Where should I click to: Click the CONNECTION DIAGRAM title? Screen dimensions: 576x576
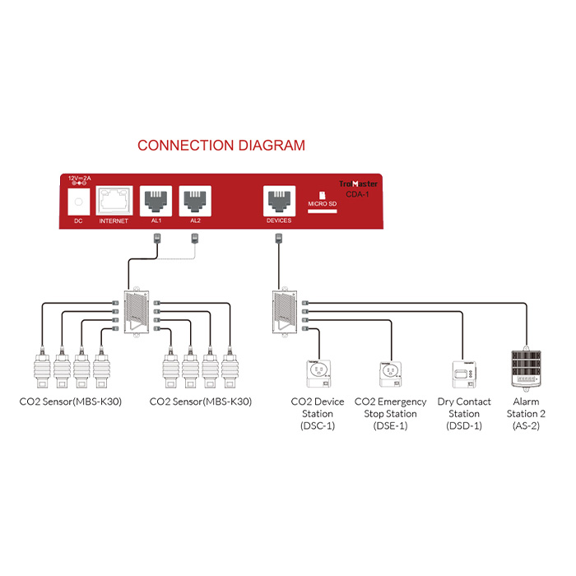tap(221, 146)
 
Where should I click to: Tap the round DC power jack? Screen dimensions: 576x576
tap(79, 202)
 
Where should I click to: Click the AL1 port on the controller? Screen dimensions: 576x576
tap(156, 200)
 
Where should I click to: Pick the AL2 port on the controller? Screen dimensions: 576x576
tap(195, 200)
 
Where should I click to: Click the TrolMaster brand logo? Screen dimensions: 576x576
tap(359, 184)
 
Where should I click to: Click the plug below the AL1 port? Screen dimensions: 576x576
tap(156, 239)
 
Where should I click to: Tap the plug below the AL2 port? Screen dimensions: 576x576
tap(195, 239)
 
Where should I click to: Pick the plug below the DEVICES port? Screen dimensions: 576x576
tap(279, 239)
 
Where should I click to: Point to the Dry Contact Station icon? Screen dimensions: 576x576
tap(464, 374)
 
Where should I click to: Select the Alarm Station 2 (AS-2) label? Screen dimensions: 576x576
tap(525, 414)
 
